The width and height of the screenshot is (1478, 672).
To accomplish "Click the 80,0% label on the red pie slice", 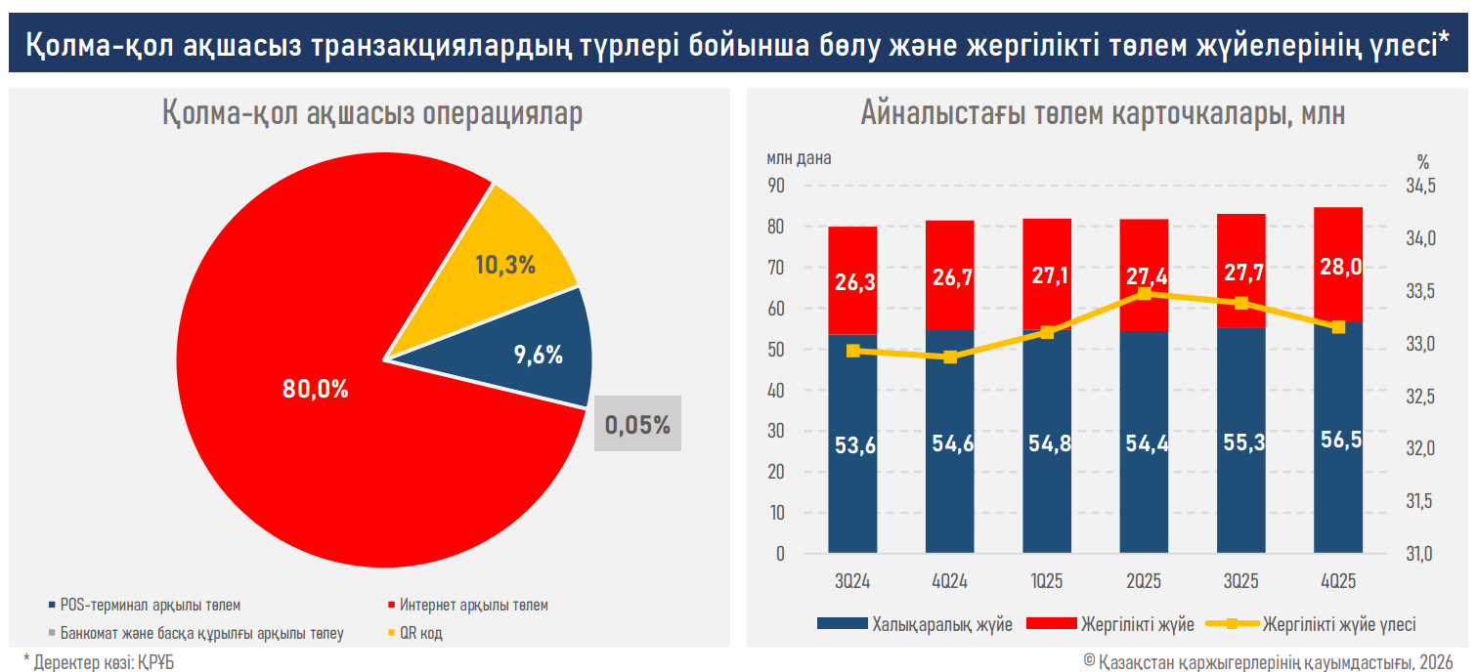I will click(315, 389).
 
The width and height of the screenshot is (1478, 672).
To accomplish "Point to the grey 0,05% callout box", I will click(637, 425).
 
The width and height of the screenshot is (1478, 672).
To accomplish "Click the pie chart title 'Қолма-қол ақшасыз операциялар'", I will click(371, 113).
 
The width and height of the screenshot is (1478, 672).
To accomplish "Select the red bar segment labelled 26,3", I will click(852, 280).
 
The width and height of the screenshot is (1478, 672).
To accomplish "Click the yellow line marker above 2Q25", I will click(1145, 293).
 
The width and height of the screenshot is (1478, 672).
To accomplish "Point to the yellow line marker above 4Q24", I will click(950, 357).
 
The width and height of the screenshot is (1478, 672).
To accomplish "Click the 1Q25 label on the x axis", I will click(1047, 581).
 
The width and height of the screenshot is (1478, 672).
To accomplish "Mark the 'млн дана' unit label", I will click(799, 158).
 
